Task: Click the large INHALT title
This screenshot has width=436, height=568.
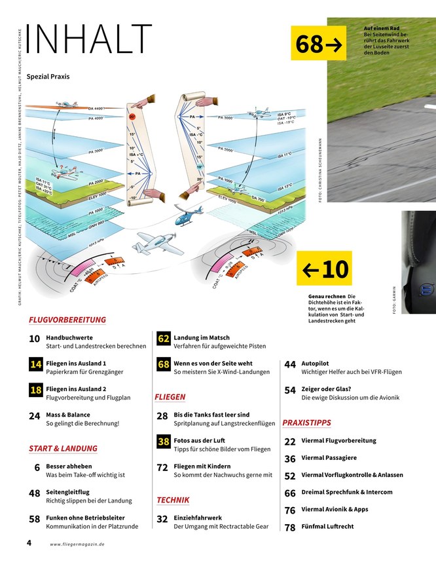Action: coord(90,40)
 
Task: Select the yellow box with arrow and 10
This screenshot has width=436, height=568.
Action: coord(324,268)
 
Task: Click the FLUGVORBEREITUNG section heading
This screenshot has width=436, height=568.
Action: coord(67,320)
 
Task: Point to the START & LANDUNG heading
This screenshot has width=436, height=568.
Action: coord(63,449)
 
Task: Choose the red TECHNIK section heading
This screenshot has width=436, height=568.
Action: coord(173,500)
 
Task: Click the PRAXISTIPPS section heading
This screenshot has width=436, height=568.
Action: coord(306,423)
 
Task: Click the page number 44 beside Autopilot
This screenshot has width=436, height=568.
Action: coord(290,364)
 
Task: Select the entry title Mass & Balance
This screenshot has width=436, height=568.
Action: coord(68,415)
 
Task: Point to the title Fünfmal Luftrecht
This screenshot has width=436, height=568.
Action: coord(328,527)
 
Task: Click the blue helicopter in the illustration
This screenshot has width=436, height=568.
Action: coord(189,216)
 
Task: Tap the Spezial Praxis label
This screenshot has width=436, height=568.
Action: coord(48,77)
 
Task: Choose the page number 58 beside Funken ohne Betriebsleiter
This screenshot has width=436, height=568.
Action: coord(35,519)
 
